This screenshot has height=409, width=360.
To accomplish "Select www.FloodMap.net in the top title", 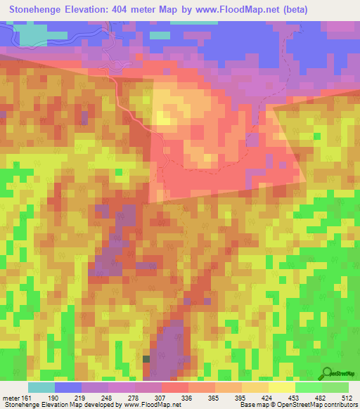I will (x=257, y=11).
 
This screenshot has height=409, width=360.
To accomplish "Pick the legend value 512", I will (x=346, y=397).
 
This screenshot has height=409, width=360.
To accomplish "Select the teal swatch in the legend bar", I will (x=41, y=387).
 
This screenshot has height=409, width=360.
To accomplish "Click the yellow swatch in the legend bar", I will (x=281, y=387).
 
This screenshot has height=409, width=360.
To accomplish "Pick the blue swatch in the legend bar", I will (x=68, y=387).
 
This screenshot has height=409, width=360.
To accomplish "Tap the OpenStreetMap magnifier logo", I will (x=328, y=373).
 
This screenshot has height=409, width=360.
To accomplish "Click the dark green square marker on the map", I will (x=146, y=358).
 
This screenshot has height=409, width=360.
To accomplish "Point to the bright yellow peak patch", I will (x=166, y=116).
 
